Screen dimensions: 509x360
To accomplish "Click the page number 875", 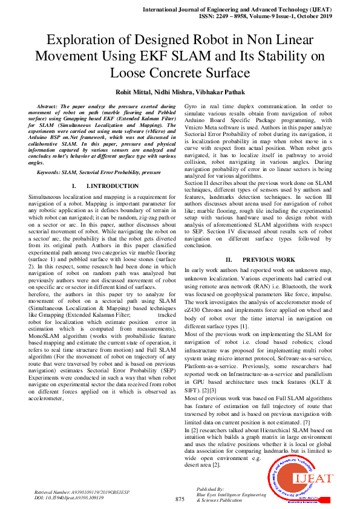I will coord(180,499).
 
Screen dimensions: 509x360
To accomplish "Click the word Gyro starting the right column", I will coord(192,106).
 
